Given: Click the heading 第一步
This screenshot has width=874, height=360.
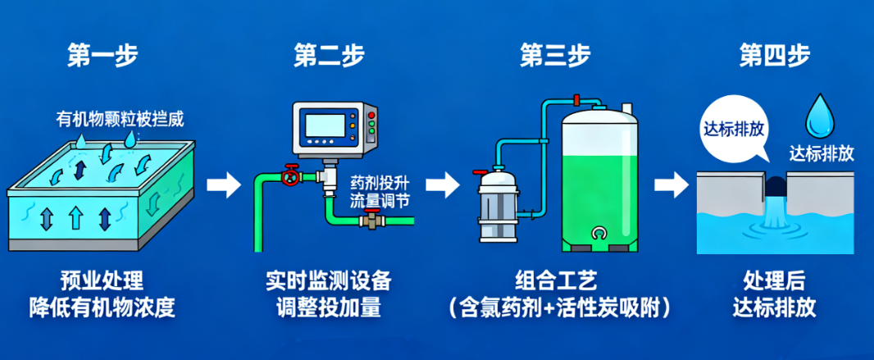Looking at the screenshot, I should tap(102, 55).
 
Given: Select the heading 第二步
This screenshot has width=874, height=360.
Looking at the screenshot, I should tap(328, 55).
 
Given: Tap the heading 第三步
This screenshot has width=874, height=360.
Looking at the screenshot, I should tap(554, 55).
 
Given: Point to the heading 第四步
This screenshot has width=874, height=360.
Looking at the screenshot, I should tap(775, 55).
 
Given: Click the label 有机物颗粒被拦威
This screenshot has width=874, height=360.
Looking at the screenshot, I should tap(120, 119).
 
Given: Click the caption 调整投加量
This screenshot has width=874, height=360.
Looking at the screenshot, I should tap(328, 308).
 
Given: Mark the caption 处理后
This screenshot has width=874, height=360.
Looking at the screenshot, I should tap(775, 280).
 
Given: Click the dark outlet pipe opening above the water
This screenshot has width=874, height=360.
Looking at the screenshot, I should tap(776, 187).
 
